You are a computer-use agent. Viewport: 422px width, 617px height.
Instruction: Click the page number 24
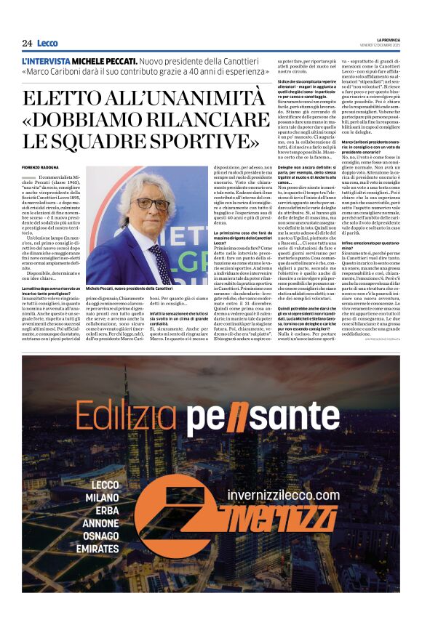[x=27, y=43]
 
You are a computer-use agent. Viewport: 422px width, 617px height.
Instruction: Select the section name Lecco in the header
[x=47, y=43]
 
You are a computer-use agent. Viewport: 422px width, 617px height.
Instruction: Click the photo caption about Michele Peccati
[x=129, y=289]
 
